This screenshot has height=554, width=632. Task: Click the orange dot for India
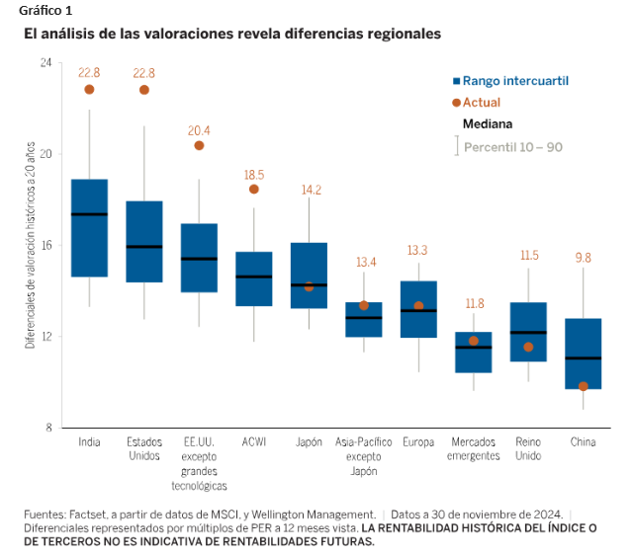[89, 89]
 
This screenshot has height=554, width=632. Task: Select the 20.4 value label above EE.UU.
[199, 130]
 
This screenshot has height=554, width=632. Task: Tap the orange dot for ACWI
[254, 189]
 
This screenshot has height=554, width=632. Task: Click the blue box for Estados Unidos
[144, 242]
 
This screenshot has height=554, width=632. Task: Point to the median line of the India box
[89, 214]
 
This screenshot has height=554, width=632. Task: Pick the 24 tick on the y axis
[45, 62]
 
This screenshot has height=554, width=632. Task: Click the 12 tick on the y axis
[45, 337]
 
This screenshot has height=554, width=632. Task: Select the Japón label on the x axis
[309, 442]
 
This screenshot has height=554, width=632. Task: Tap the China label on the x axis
[584, 442]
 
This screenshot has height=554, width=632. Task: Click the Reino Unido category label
[528, 449]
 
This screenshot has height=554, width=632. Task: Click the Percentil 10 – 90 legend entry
[512, 147]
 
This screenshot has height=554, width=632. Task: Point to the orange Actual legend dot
[457, 103]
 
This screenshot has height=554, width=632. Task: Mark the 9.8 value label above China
[584, 258]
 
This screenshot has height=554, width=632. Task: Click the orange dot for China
[584, 386]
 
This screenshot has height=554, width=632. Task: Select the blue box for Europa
[418, 309]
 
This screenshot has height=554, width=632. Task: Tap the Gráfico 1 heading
[45, 10]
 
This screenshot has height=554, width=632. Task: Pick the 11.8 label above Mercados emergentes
[474, 304]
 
